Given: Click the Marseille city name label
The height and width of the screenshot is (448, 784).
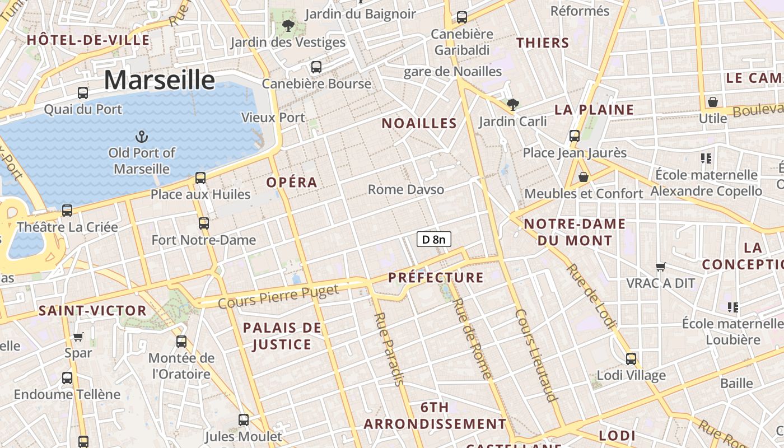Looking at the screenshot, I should click(x=160, y=80).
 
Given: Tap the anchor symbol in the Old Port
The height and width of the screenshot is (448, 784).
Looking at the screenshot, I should click(x=142, y=136).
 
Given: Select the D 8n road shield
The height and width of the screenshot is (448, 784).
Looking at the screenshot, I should click(x=434, y=240).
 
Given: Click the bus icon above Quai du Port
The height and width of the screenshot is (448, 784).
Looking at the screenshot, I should click(x=83, y=93).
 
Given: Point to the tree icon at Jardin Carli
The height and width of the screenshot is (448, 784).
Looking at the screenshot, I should click(x=512, y=104).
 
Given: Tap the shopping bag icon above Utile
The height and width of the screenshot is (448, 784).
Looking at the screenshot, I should click(x=713, y=102).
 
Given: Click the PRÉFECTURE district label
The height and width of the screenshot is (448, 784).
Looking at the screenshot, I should click(x=436, y=278).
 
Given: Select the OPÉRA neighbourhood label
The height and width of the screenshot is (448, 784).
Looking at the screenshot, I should click(x=292, y=183).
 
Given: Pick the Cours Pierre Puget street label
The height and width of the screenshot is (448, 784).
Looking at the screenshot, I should click(x=278, y=297).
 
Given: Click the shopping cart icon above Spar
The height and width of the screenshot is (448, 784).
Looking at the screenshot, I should click(x=78, y=337).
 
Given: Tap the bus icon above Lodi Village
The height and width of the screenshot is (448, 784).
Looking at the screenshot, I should click(x=631, y=359).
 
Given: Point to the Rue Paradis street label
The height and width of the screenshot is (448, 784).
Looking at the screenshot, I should click(x=388, y=349).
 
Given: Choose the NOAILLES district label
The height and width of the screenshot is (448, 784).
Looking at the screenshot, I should click(x=419, y=124).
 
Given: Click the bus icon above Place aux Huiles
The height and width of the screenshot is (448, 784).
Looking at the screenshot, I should click(x=200, y=178).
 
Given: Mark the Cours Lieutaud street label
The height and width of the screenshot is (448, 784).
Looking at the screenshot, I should click(x=536, y=355).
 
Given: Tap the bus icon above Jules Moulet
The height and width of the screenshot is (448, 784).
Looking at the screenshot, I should click(x=244, y=420).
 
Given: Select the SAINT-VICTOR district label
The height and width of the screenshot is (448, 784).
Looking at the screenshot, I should click(x=92, y=311).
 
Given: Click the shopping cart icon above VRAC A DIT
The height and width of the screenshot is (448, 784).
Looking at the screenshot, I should click(x=661, y=267).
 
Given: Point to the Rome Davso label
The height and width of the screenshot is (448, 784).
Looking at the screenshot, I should click(x=406, y=190).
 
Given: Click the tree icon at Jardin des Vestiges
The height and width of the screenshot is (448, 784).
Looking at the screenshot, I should click(x=288, y=25).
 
